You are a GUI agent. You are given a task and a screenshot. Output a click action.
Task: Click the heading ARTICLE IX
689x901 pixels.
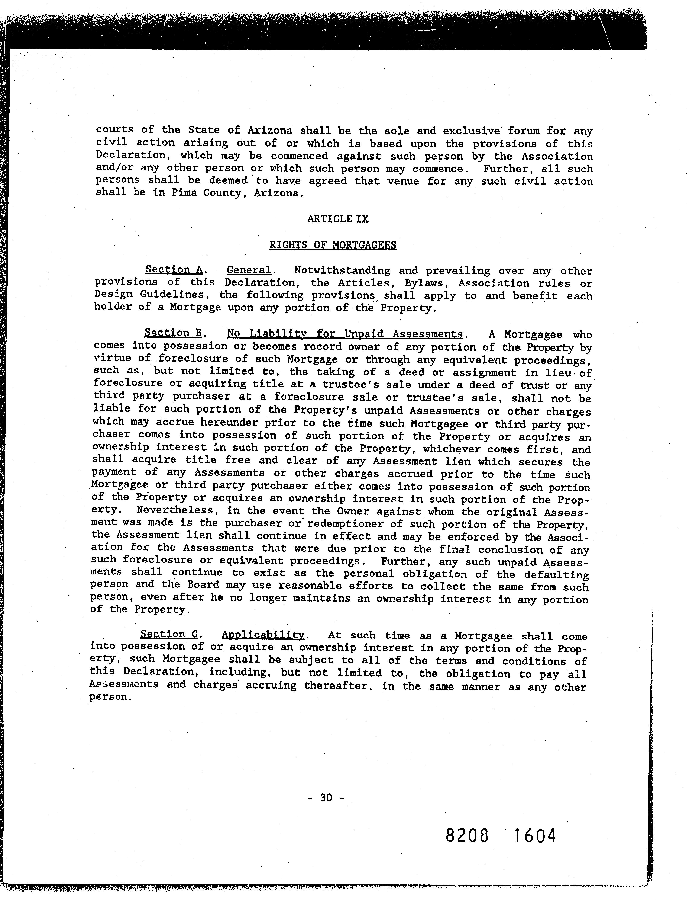point(338,219)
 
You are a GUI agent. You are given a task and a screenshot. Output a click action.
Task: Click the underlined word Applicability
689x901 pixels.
point(263,635)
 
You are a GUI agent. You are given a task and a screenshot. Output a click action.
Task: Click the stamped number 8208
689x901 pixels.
point(467,835)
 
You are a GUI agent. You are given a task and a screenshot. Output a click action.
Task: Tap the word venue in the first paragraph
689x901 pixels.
point(403,181)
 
